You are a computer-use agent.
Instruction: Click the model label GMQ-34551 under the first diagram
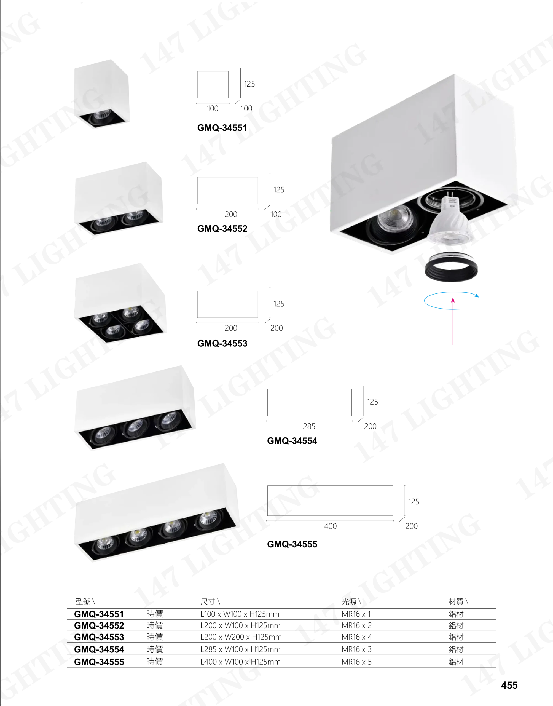tap(222, 128)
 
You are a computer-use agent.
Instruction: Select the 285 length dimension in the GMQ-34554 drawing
tap(309, 426)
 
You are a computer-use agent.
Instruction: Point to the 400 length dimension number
tap(330, 526)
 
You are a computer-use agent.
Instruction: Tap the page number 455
tap(509, 685)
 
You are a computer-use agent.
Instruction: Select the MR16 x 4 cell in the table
tap(357, 637)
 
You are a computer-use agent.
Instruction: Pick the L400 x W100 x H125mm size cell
tap(240, 662)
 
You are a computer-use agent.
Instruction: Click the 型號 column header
tap(83, 601)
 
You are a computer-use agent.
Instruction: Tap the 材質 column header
tap(456, 601)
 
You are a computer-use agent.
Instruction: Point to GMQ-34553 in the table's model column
tap(99, 637)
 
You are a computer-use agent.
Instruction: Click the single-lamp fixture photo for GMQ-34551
tap(102, 94)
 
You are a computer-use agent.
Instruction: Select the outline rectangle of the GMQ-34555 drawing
tap(330, 500)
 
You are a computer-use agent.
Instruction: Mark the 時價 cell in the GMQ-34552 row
tap(154, 625)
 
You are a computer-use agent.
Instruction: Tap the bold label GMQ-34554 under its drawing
tap(292, 441)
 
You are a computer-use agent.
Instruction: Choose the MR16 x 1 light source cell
tap(356, 614)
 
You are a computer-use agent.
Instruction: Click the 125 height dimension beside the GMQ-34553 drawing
tap(279, 304)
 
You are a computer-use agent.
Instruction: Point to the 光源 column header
tap(349, 601)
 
